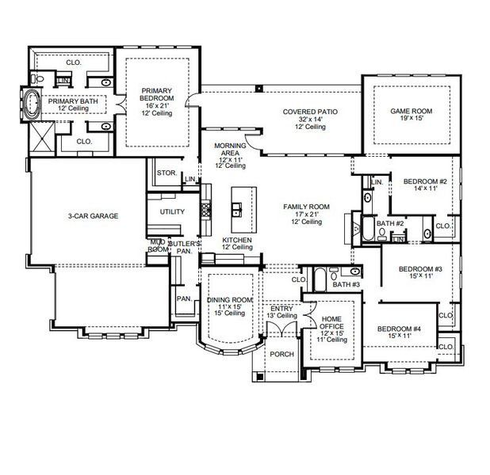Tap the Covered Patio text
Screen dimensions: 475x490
[310, 112]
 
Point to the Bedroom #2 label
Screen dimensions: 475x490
[425, 181]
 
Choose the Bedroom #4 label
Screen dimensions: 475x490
[398, 329]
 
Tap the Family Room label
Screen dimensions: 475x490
[306, 207]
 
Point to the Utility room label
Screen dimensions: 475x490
[172, 211]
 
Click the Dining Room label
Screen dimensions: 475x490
[229, 299]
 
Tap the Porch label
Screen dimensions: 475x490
[281, 354]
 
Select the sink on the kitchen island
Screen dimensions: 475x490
[236, 210]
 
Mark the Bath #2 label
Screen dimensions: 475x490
[390, 224]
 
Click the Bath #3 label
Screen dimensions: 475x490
[346, 284]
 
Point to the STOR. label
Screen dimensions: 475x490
[166, 172]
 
